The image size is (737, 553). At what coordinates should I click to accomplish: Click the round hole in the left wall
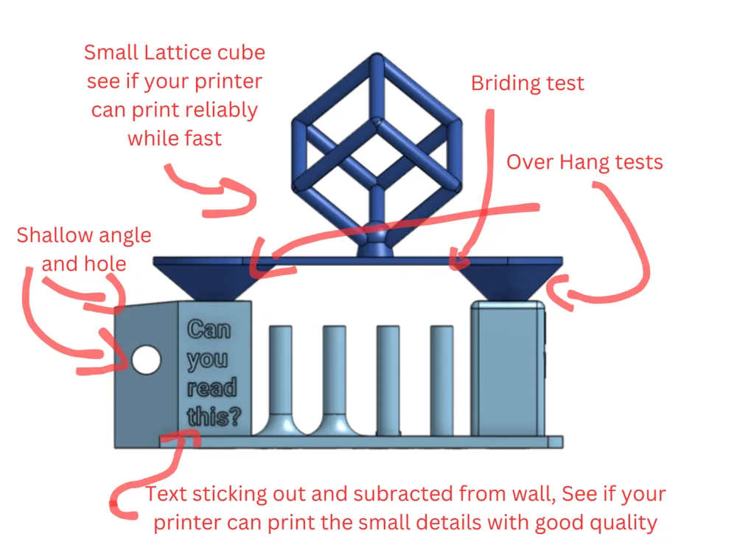(x=146, y=359)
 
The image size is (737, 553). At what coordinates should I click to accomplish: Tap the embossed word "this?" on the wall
(x=214, y=417)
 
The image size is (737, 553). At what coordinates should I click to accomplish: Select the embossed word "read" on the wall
(x=212, y=388)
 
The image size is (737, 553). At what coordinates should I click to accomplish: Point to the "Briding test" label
(x=527, y=83)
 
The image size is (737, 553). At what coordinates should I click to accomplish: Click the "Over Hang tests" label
(x=584, y=161)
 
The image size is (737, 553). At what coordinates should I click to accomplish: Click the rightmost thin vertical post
(x=441, y=380)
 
